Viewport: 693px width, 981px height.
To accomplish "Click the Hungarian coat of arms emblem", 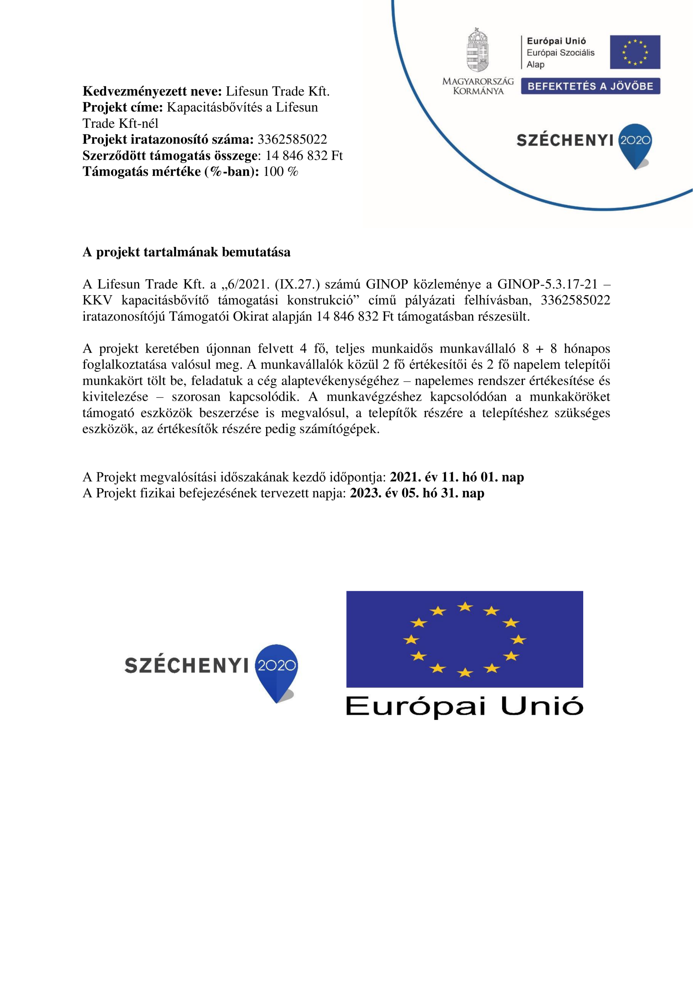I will click(477, 51).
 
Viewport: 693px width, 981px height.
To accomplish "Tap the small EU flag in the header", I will click(634, 52).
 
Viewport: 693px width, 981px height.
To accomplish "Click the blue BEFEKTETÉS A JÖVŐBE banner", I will click(590, 86).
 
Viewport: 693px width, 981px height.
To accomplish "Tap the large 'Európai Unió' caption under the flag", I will click(464, 706).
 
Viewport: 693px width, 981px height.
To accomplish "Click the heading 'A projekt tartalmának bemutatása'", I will click(186, 252).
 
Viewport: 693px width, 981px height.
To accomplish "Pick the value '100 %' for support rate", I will click(281, 171).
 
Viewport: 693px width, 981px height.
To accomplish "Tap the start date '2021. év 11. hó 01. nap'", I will click(456, 477).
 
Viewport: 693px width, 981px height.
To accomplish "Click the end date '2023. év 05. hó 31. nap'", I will click(417, 493).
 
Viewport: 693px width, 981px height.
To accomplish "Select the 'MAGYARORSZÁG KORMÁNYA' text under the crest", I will click(478, 86).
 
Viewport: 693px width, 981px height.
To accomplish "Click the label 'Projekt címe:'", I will click(122, 107).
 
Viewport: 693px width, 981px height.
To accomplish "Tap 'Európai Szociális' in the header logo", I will click(560, 52).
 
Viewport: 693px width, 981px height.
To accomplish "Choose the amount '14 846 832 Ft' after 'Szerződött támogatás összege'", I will click(304, 155).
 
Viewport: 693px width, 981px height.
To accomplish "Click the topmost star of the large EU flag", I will click(464, 606).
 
